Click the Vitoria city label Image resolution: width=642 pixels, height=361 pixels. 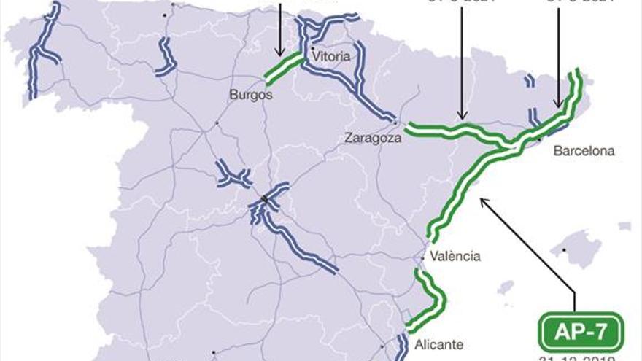[x=330, y=55]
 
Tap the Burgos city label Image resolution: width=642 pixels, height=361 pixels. [x=250, y=94]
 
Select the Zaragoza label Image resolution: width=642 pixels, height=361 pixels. [x=374, y=137]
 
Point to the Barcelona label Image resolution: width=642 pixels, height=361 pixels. [x=584, y=151]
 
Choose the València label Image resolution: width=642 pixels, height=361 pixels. [x=455, y=256]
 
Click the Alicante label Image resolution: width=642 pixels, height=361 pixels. [x=438, y=344]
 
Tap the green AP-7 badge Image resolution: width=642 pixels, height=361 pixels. [x=581, y=332]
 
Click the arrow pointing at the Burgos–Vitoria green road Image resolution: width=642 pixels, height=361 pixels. [x=279, y=29]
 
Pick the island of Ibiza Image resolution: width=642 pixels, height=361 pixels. [x=505, y=287]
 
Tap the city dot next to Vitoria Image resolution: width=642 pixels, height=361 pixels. [x=313, y=47]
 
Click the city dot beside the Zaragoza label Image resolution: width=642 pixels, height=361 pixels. [x=395, y=120]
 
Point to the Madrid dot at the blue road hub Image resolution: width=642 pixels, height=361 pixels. [x=264, y=198]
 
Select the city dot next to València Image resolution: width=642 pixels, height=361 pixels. [x=424, y=257]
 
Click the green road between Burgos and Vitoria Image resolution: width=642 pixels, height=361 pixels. [x=283, y=66]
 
